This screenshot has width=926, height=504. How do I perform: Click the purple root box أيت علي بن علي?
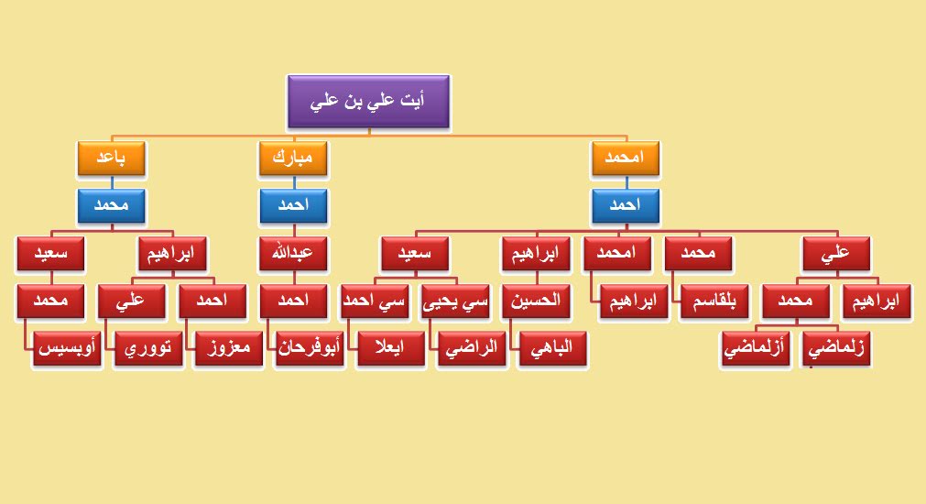[x=368, y=101]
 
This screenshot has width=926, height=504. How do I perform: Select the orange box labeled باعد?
[x=111, y=158]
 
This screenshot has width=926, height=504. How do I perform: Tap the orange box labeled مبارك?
[x=293, y=158]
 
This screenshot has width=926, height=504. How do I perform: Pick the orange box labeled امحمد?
[x=626, y=158]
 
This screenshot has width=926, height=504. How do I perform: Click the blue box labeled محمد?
[x=111, y=205]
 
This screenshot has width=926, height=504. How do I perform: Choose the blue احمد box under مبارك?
[x=293, y=205]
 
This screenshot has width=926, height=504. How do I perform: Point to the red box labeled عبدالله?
[x=293, y=254]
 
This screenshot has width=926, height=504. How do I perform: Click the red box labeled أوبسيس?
[x=67, y=348]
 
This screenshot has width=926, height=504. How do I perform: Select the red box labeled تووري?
[x=147, y=348]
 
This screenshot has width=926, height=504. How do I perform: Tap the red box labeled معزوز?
[x=229, y=348]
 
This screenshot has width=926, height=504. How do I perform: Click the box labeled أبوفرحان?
[x=310, y=348]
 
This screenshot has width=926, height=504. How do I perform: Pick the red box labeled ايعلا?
[x=390, y=348]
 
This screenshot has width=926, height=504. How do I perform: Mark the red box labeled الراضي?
[x=472, y=348]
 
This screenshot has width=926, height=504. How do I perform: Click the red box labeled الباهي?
[x=552, y=348]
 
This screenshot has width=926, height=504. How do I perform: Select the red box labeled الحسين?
[x=536, y=301]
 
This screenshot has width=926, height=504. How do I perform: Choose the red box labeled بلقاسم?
[x=714, y=301]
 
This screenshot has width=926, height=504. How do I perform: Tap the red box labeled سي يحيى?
[x=455, y=301]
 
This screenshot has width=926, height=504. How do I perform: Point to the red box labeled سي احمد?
[x=375, y=301]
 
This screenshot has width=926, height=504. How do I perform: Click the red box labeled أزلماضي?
[x=755, y=348]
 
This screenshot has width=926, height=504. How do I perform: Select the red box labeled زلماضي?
[x=835, y=348]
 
